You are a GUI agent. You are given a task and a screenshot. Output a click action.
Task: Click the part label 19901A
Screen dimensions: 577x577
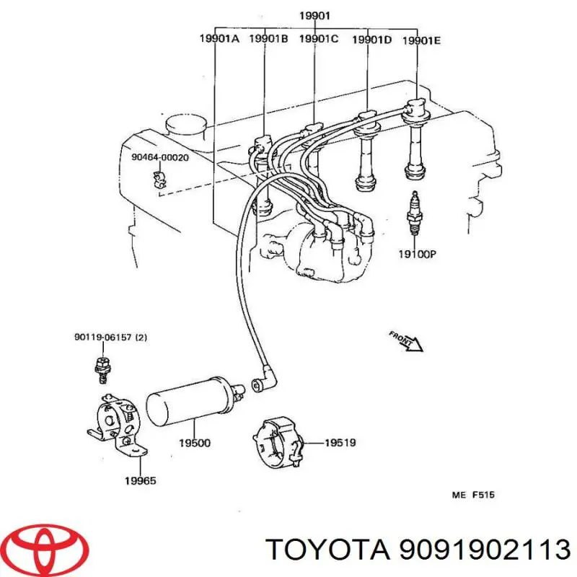219,38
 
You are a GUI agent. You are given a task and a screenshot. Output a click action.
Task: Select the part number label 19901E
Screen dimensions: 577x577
421,40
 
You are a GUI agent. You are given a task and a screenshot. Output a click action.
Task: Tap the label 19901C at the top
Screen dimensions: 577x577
319,38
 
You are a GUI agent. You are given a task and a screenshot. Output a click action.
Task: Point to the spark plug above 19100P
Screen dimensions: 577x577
415,213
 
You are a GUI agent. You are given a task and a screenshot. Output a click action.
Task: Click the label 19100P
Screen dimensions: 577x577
418,254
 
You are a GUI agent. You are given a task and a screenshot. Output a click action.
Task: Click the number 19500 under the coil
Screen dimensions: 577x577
195,443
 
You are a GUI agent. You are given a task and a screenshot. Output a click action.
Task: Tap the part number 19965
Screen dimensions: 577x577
140,480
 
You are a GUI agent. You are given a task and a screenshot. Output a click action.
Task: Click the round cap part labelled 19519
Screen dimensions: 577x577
278,443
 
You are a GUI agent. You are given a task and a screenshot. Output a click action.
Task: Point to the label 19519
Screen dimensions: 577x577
340,442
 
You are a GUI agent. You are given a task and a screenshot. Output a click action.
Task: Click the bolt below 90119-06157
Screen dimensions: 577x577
103,370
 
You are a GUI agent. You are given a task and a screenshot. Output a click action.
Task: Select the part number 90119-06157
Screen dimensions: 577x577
111,337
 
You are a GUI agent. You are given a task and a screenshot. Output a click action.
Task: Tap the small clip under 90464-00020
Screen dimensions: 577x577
159,180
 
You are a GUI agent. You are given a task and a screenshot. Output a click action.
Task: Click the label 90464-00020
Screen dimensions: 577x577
160,157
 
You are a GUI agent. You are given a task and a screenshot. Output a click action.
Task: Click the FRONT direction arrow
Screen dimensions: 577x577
407,340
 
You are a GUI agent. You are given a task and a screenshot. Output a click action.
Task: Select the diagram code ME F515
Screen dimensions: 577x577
473,495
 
